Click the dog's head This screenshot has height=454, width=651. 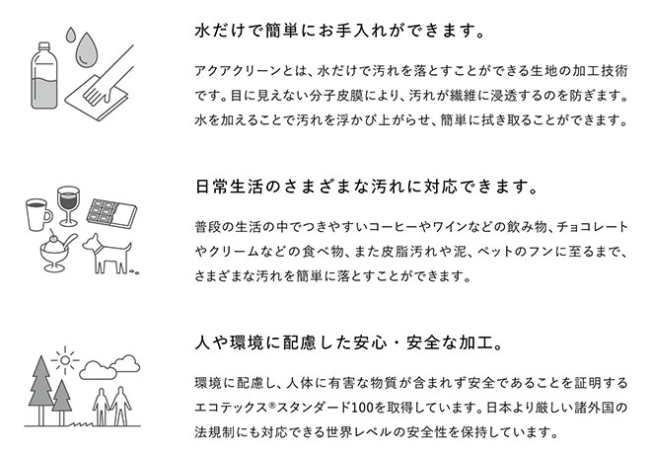coord(93,243)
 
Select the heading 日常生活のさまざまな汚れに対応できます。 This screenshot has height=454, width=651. coord(366,185)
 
